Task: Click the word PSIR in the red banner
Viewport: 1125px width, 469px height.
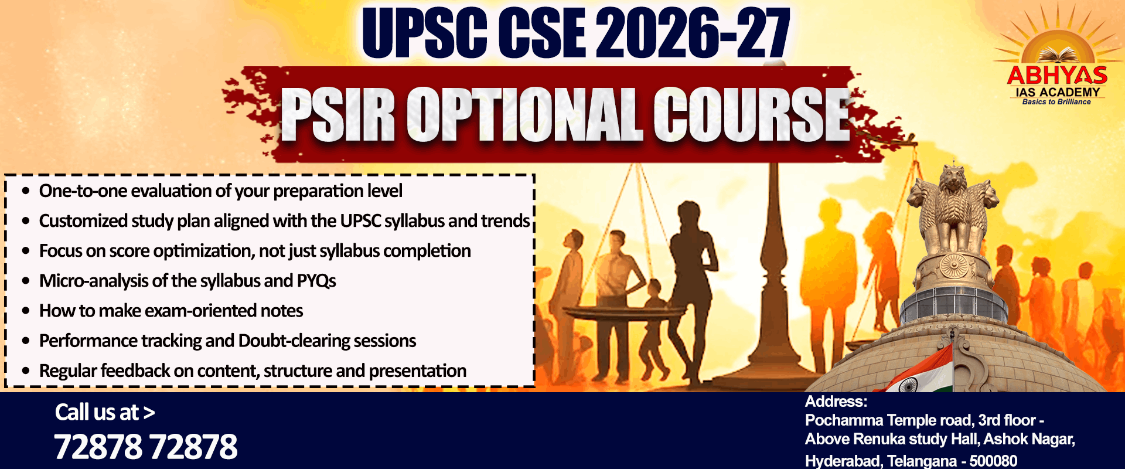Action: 339,114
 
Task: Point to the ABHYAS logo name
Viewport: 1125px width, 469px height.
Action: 1057,76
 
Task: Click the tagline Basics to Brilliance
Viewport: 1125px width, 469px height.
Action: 1056,102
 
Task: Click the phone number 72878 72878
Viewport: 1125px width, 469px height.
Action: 146,447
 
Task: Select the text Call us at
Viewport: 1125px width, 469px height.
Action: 97,412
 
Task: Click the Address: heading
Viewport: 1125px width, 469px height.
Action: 836,402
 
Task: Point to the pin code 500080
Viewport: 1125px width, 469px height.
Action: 993,461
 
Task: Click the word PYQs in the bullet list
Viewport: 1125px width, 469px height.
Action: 316,281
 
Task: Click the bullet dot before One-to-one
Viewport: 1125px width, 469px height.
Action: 26,191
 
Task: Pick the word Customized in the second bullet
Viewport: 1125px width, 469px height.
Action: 83,221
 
